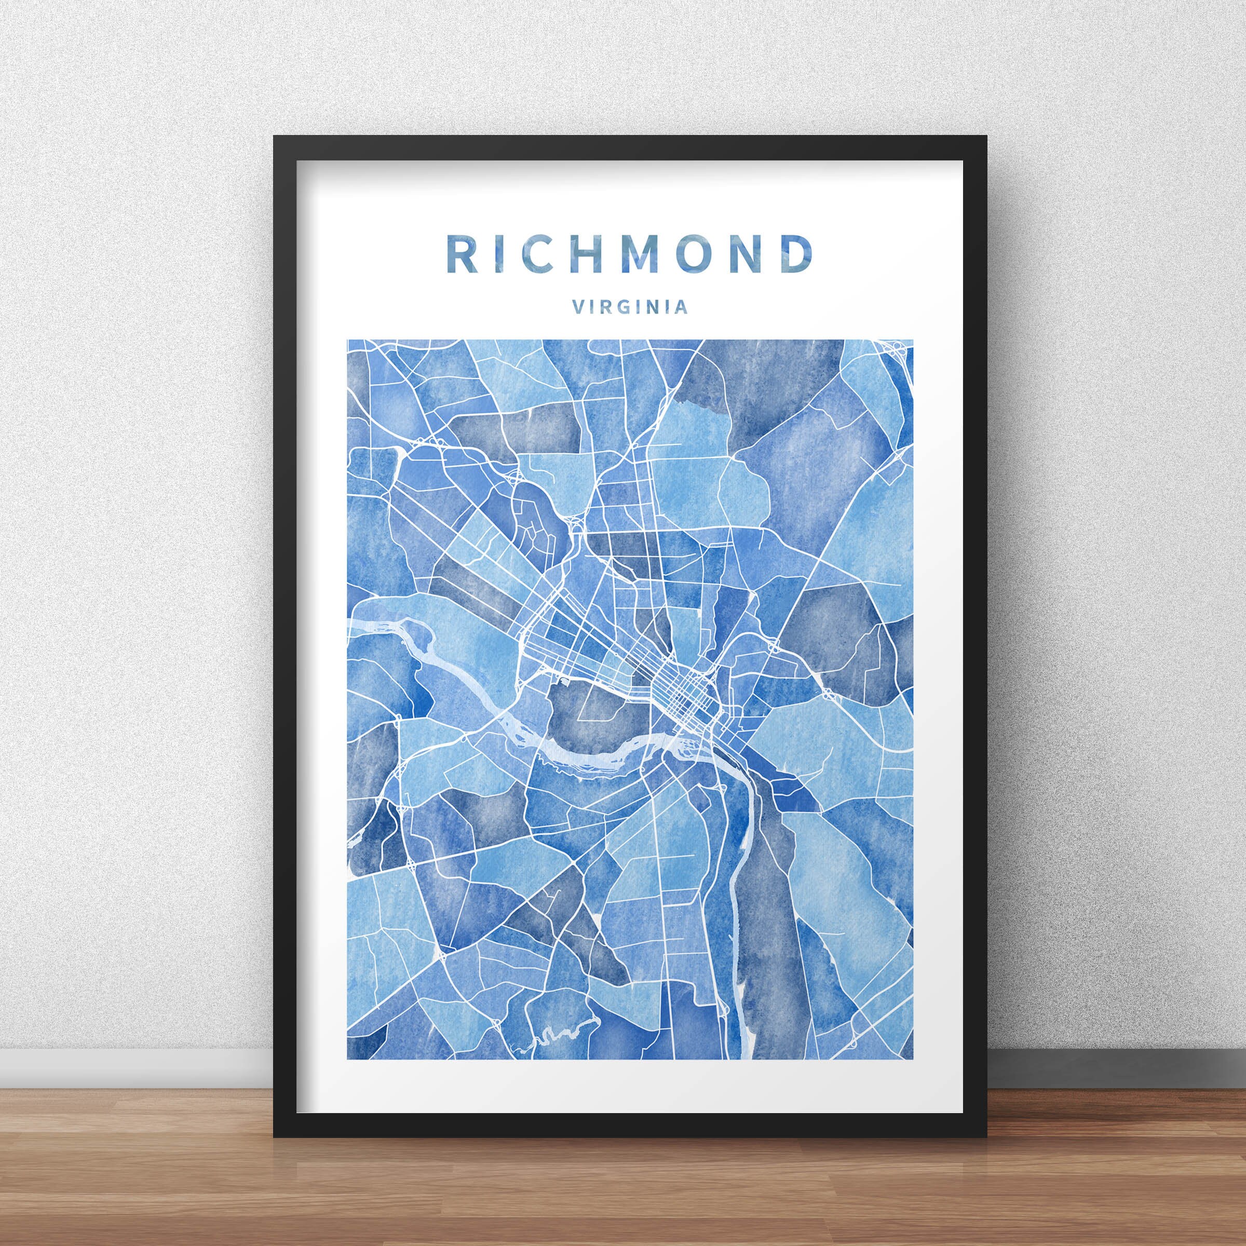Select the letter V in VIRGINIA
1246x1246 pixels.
(x=578, y=307)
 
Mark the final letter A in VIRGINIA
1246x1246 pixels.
(x=682, y=307)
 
